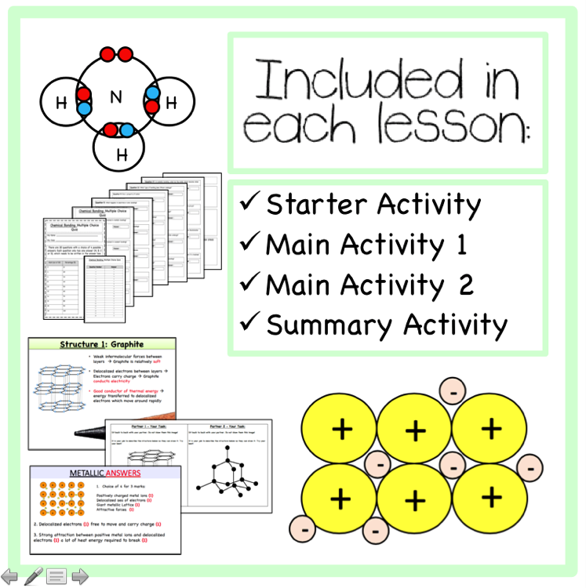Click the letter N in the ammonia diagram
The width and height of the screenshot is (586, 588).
pos(116,97)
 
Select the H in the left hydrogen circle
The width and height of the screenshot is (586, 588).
pos(61,102)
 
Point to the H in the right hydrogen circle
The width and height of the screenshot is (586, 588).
pos(172,102)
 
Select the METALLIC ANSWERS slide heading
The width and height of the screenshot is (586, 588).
pos(105,474)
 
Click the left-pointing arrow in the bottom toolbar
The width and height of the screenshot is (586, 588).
pos(10,576)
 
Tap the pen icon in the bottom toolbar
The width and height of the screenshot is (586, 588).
pos(33,576)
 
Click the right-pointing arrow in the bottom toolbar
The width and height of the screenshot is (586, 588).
pos(80,576)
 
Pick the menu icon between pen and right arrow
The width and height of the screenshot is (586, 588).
pos(56,577)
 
